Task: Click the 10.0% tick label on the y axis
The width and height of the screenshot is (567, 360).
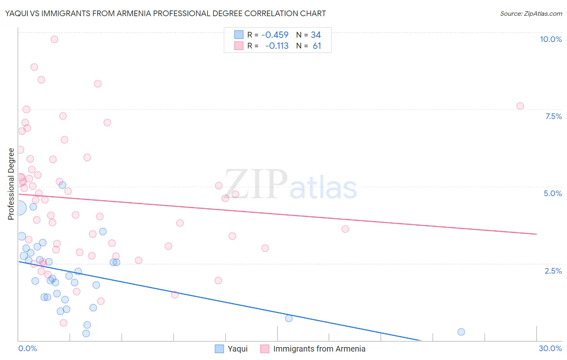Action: [550, 39]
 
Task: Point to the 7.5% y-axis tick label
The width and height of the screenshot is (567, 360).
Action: [553, 116]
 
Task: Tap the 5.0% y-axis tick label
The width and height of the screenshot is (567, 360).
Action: [552, 193]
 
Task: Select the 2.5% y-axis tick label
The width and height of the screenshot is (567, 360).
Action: [553, 271]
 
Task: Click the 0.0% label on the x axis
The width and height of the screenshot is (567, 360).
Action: [27, 348]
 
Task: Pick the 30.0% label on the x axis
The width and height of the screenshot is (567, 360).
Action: [550, 348]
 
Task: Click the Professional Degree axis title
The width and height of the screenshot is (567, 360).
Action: [11, 184]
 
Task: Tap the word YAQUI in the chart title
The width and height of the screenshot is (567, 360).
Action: [18, 13]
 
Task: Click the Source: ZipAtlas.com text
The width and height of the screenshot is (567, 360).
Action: [531, 13]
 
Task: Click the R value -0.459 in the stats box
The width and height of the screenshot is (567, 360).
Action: [275, 35]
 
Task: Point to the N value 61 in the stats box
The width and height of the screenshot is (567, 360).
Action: [317, 46]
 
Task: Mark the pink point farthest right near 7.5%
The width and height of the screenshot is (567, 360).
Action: [520, 106]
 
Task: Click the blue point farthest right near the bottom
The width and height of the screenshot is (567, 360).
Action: [461, 332]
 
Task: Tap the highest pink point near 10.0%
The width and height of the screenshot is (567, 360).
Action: [54, 39]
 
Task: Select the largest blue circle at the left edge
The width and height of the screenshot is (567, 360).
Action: [19, 208]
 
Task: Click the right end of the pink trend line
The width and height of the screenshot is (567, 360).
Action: [536, 234]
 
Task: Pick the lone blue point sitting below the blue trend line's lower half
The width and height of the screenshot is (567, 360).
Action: [289, 318]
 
